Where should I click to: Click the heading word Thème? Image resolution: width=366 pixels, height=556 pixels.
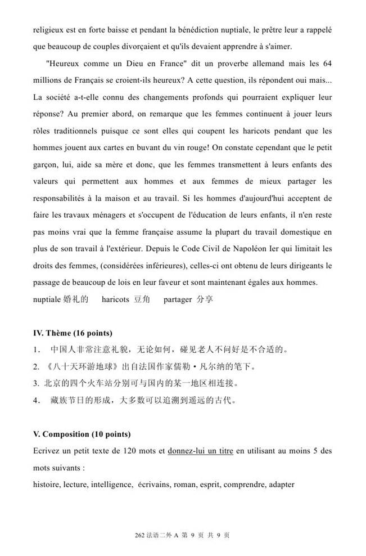[x=59, y=333]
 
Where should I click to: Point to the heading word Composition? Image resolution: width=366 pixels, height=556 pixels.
[x=65, y=434]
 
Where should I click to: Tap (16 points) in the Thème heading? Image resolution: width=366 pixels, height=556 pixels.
[x=94, y=333]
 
